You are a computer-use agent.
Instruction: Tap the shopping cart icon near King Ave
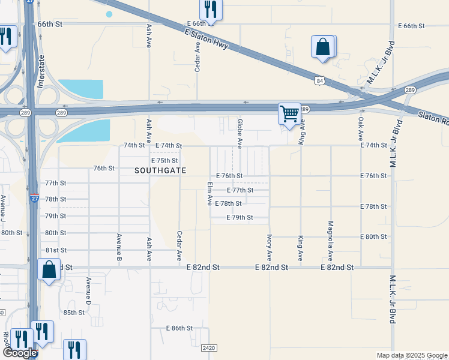[289, 113]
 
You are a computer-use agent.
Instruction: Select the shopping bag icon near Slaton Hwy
[323, 47]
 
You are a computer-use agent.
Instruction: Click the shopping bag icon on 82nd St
[49, 270]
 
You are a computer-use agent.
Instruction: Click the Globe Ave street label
[240, 134]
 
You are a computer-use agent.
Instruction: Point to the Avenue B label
[119, 247]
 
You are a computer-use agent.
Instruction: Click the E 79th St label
[239, 217]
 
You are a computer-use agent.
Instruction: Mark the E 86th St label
[179, 328]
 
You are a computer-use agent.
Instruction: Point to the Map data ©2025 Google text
[411, 355]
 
